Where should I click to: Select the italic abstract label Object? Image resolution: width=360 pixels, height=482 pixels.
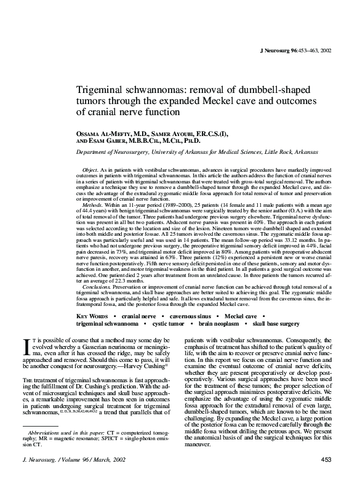[x=91, y=169]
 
